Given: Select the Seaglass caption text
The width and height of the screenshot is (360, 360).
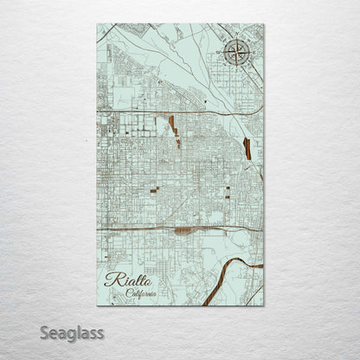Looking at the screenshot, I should click(x=71, y=332).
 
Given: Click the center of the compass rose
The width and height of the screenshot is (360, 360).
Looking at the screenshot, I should click(x=236, y=54).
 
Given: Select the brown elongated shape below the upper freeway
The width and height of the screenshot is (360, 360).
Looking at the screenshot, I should click(x=173, y=126).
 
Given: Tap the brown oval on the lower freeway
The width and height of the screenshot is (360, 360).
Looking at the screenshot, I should click(x=182, y=231).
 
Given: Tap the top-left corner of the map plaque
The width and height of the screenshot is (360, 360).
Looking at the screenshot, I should click(x=97, y=24).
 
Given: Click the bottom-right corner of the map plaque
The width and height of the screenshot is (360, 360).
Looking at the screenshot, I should click(x=264, y=305).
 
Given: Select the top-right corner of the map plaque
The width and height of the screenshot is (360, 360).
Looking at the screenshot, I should click(x=264, y=24).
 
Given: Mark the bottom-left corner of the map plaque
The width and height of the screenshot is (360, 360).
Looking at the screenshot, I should click(x=97, y=305).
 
